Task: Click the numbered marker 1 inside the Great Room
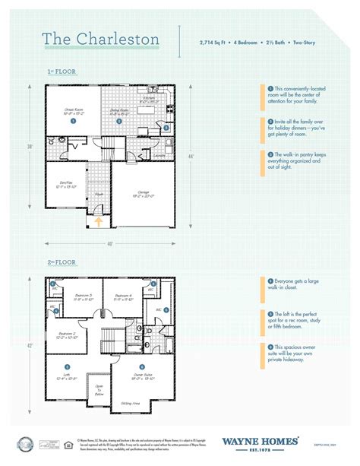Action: pos(72,121)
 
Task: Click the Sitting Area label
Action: pos(131,404)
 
